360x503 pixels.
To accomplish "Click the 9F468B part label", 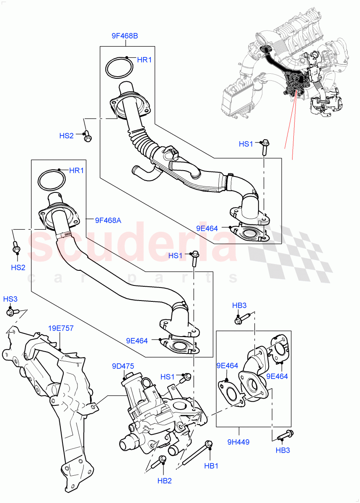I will (x=124, y=36).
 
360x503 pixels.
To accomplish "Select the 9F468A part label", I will (x=108, y=220).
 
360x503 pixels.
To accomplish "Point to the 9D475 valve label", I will (x=123, y=366).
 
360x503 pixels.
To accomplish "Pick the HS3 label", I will (x=10, y=299).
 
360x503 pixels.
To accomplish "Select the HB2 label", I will (x=164, y=481).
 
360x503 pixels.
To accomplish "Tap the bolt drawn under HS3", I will (x=11, y=312).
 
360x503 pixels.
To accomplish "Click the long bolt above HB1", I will (x=197, y=454).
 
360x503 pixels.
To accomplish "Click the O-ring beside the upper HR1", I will (x=119, y=69).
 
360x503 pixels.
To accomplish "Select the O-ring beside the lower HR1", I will (x=52, y=180).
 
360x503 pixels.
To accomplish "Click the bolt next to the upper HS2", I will (x=88, y=137).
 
